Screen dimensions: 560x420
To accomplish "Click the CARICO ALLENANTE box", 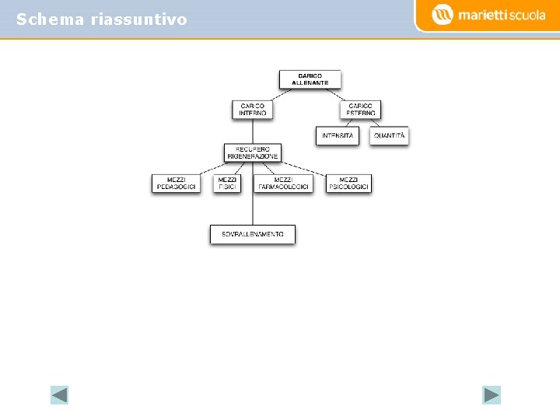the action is click(x=310, y=79).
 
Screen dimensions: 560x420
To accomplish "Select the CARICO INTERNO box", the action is click(x=252, y=110).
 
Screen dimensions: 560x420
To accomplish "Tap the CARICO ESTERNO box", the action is click(x=360, y=110).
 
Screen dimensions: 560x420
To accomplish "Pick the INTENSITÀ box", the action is click(x=337, y=135).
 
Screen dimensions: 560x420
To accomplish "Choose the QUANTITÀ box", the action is click(x=389, y=135).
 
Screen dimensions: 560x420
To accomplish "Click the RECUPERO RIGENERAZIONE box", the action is click(x=252, y=152).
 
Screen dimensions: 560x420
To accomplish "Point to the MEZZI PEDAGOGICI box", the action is click(x=176, y=184).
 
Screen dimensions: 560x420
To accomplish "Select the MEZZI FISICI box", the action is click(x=227, y=184).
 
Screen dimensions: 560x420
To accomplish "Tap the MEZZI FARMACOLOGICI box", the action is click(x=283, y=184).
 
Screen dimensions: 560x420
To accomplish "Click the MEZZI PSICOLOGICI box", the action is click(x=348, y=184).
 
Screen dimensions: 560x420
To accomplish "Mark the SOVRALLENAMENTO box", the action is click(x=253, y=234).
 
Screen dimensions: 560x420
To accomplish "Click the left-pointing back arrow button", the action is click(x=59, y=395).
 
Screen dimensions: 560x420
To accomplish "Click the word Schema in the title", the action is click(x=51, y=19).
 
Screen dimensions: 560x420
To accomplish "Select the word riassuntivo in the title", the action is click(x=138, y=19).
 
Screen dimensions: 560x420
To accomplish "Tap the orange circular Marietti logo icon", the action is click(x=442, y=15).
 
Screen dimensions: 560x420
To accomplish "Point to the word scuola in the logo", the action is click(x=526, y=15).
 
